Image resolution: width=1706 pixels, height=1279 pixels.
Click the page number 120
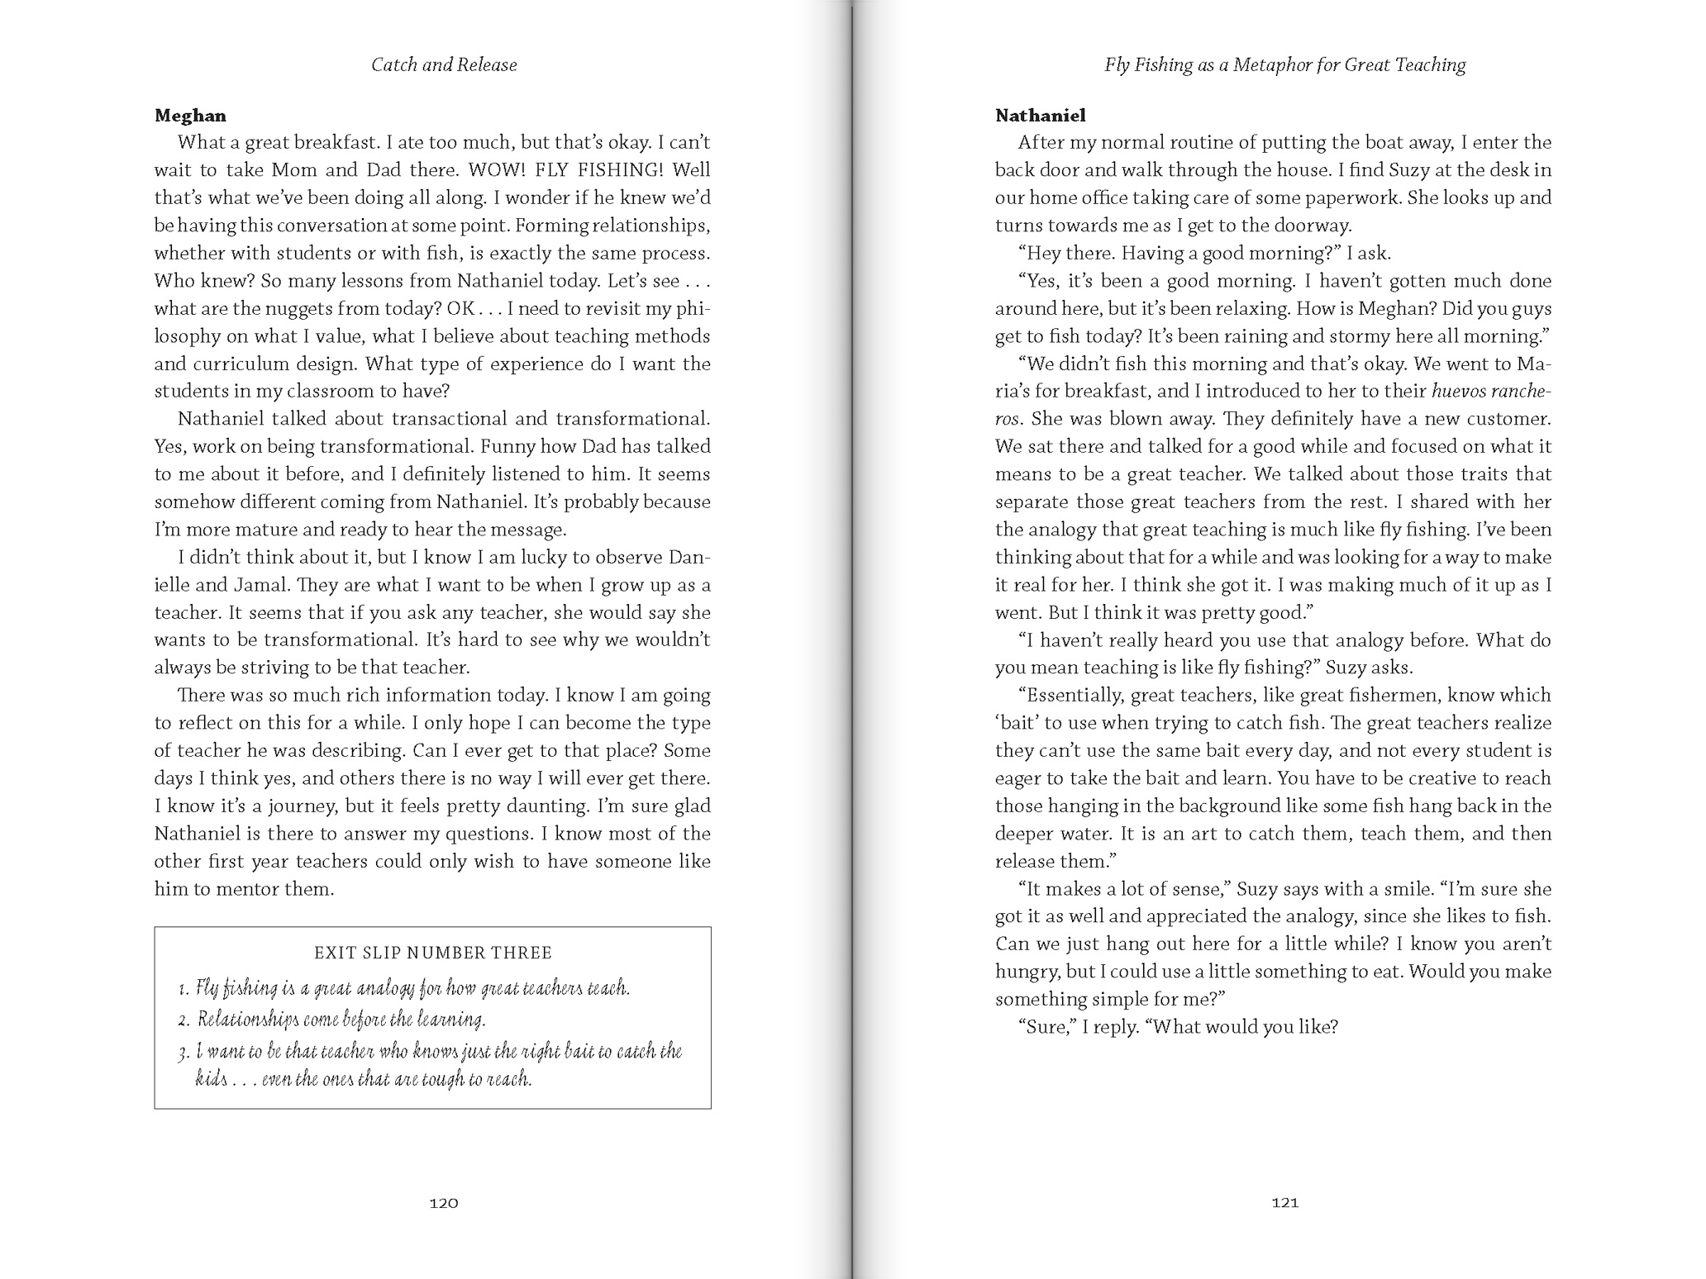tap(444, 1203)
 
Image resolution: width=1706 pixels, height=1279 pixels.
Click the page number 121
tap(1284, 1203)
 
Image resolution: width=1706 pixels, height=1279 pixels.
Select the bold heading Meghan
tap(190, 116)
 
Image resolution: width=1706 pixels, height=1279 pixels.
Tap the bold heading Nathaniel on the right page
tap(1040, 116)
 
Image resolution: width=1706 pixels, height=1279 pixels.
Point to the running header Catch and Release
tap(444, 65)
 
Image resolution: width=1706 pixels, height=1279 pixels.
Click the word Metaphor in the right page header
tap(1270, 65)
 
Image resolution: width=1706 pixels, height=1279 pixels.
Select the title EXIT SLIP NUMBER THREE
tap(432, 953)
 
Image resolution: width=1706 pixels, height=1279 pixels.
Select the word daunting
tap(546, 806)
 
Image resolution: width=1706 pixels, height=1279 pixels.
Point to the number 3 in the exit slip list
tap(183, 1052)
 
